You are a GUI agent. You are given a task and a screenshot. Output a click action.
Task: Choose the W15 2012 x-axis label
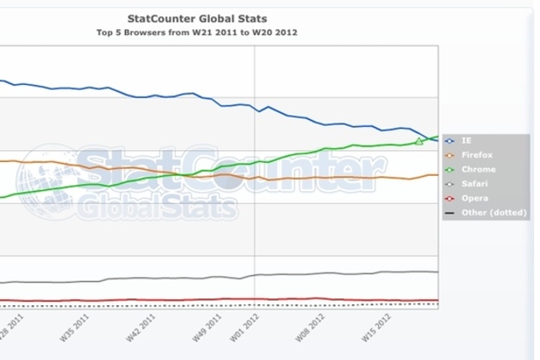[375, 328]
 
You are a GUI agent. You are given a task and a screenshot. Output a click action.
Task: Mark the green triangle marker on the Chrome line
[419, 141]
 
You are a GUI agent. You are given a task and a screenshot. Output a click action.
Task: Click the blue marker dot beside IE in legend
[451, 139]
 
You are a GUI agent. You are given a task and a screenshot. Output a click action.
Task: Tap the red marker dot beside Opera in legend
[451, 198]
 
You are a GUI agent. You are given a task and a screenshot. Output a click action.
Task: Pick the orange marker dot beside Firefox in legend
[451, 153]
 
